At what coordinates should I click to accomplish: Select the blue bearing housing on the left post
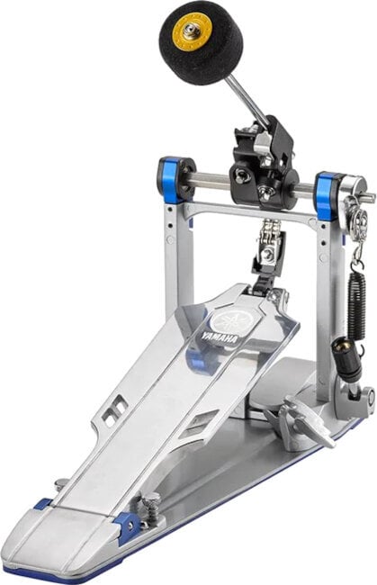(175, 179)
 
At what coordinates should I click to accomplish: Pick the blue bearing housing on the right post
(327, 193)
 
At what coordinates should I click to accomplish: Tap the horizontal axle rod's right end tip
(368, 196)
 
